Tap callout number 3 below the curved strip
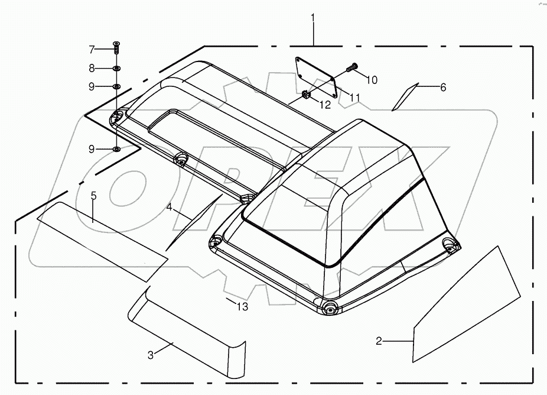click(151, 355)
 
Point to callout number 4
click(169, 208)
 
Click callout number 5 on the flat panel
click(93, 195)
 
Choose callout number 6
click(443, 87)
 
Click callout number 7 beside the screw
click(92, 48)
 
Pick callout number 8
click(92, 68)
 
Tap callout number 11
click(354, 97)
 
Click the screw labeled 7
click(116, 48)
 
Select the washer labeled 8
click(116, 69)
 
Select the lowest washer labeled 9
click(116, 149)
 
